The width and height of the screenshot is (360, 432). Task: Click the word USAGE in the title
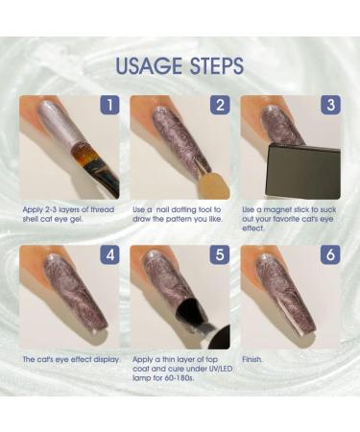(x=146, y=66)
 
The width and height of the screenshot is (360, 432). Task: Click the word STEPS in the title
(x=213, y=66)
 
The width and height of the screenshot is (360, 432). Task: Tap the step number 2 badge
(x=219, y=106)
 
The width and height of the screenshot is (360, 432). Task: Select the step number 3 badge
(x=329, y=106)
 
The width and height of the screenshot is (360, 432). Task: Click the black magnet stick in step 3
(x=304, y=171)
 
